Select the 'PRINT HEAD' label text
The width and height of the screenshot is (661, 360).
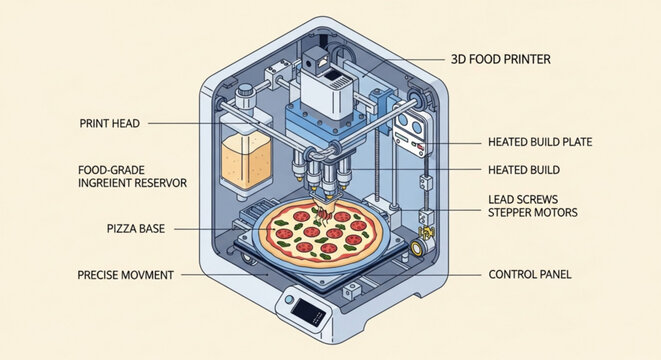coord(109,124)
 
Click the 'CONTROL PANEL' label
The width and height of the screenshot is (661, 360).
coord(531,274)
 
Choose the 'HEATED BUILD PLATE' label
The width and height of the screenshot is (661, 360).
coord(540,143)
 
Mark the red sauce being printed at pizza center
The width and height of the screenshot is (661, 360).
coord(324,213)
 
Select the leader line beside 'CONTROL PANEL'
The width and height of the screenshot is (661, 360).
coord(450,274)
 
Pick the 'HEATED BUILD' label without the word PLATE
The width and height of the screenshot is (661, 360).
coord(523,169)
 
